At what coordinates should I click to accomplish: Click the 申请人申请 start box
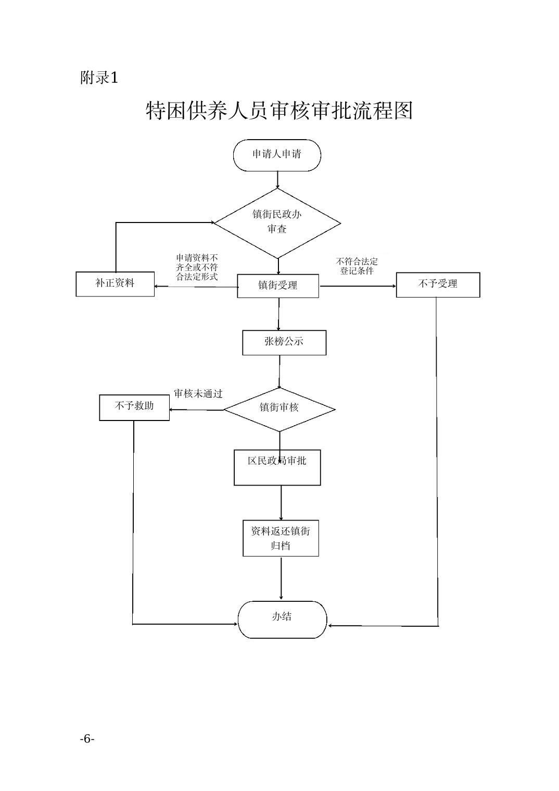[x=277, y=155]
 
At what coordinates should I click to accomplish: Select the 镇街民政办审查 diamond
[x=277, y=223]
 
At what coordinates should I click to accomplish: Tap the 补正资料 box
[x=115, y=284]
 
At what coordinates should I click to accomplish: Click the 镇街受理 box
[x=278, y=286]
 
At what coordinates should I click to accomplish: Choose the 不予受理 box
[x=438, y=285]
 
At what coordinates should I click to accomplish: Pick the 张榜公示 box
[x=284, y=342]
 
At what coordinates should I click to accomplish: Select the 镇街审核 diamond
[x=279, y=409]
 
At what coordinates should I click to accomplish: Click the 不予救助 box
[x=134, y=407]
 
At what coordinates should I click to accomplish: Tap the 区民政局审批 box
[x=277, y=467]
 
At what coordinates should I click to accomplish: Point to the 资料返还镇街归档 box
[x=281, y=538]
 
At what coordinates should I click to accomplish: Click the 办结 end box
[x=282, y=619]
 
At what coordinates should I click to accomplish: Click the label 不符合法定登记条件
[x=357, y=266]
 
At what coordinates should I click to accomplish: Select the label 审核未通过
[x=198, y=394]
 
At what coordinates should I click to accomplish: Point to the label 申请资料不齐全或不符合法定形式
[x=197, y=267]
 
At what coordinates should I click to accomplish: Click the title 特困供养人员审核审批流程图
[x=279, y=111]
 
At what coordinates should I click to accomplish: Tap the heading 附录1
[x=99, y=78]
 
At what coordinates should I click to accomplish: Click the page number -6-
[x=87, y=738]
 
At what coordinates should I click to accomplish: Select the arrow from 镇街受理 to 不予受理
[x=358, y=286]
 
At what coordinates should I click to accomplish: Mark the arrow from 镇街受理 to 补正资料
[x=196, y=286]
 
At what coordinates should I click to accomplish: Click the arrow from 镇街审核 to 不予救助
[x=196, y=410]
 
